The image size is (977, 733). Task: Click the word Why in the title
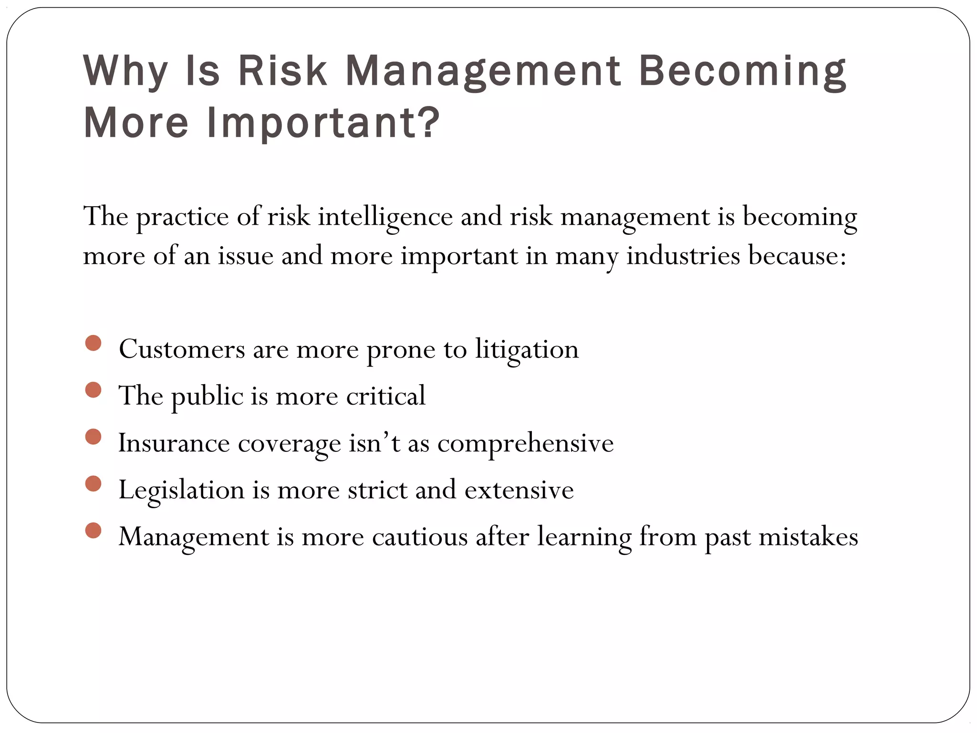pos(125,72)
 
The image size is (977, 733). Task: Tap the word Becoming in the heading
pos(742,72)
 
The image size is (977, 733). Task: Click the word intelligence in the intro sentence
pos(385,217)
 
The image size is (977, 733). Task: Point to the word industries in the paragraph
pos(683,256)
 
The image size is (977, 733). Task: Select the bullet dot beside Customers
pos(94,343)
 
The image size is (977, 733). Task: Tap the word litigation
pos(527,349)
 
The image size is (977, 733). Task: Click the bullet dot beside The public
pos(94,390)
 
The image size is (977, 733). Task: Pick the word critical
pos(385,396)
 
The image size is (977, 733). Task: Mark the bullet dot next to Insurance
pos(94,437)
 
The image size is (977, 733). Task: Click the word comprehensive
pos(525,444)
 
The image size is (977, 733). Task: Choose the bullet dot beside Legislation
pos(94,483)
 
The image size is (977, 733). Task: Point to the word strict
pos(378,490)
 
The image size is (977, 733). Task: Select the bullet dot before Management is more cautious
pos(94,530)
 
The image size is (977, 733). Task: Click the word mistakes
pos(808,537)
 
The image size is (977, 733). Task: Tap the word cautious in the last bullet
pos(420,537)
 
